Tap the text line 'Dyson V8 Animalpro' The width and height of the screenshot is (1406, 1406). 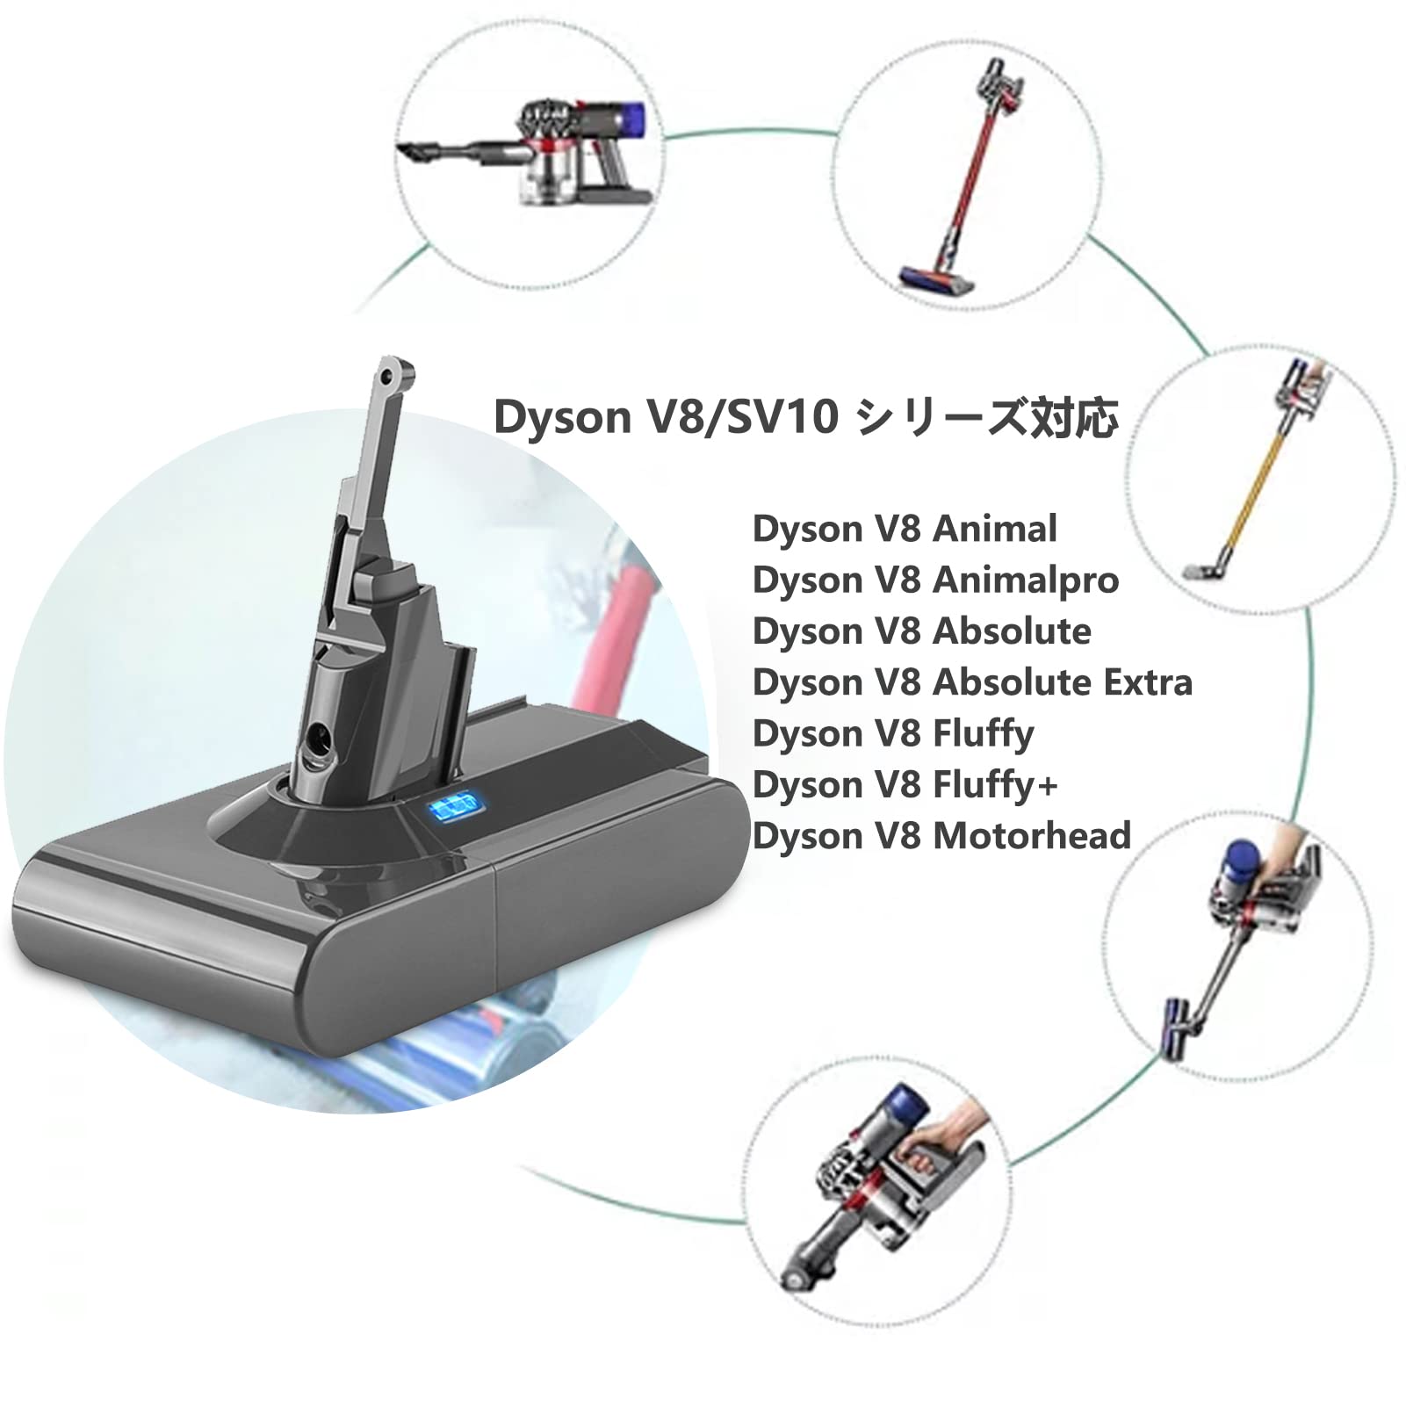point(935,580)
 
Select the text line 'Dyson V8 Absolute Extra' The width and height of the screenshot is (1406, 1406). point(972,682)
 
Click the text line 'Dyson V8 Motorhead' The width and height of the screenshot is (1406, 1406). point(941,835)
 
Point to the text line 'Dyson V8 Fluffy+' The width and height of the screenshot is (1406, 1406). point(905,784)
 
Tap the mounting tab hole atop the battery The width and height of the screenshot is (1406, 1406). point(387,376)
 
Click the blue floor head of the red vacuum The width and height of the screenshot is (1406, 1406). point(936,279)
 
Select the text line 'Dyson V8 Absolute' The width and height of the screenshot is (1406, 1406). point(921,631)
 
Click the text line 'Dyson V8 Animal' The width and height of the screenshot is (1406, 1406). point(905,530)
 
